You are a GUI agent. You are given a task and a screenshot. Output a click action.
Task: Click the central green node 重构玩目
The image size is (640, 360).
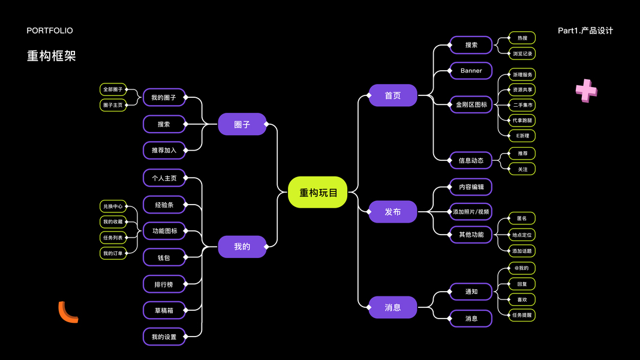[x=318, y=193]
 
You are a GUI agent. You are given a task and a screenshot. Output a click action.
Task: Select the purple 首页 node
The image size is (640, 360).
[x=393, y=95]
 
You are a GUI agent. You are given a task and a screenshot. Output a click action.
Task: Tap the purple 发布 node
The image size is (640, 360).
[x=393, y=212]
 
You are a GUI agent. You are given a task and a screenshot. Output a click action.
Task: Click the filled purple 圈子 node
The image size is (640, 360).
[x=242, y=124]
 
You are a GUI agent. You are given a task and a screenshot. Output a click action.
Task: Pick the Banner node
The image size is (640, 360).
[x=471, y=71]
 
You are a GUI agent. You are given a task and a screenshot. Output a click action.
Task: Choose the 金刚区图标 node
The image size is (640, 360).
[x=471, y=104]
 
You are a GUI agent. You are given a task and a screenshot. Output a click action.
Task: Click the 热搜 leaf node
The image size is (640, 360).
[x=522, y=38]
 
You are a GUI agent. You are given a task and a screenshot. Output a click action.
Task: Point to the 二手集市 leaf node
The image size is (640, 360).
[x=522, y=105]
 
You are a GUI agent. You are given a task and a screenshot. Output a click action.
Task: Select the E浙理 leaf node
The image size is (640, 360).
[x=522, y=136]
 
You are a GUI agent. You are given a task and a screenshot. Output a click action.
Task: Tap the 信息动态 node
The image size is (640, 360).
[x=471, y=160]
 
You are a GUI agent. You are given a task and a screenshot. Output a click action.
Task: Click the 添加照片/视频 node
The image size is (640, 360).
[x=471, y=212]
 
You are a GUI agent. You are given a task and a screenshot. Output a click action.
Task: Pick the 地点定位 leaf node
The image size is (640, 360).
[x=522, y=235]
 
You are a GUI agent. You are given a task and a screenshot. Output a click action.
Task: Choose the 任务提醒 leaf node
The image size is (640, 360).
[x=522, y=314]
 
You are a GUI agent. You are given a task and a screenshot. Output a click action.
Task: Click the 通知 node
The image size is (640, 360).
[x=471, y=292]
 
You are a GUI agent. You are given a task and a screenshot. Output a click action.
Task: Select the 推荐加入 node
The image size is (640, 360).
[x=164, y=150]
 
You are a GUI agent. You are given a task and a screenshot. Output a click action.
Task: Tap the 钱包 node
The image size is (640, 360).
[x=164, y=257]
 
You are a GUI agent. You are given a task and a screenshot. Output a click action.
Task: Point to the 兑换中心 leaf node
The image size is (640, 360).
[x=113, y=206]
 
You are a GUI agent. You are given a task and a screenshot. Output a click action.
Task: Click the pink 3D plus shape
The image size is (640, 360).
[x=586, y=91]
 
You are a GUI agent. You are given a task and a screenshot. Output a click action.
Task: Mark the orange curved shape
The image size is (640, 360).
[x=67, y=313]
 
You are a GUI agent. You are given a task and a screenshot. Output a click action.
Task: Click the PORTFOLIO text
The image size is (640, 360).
[x=50, y=31]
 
